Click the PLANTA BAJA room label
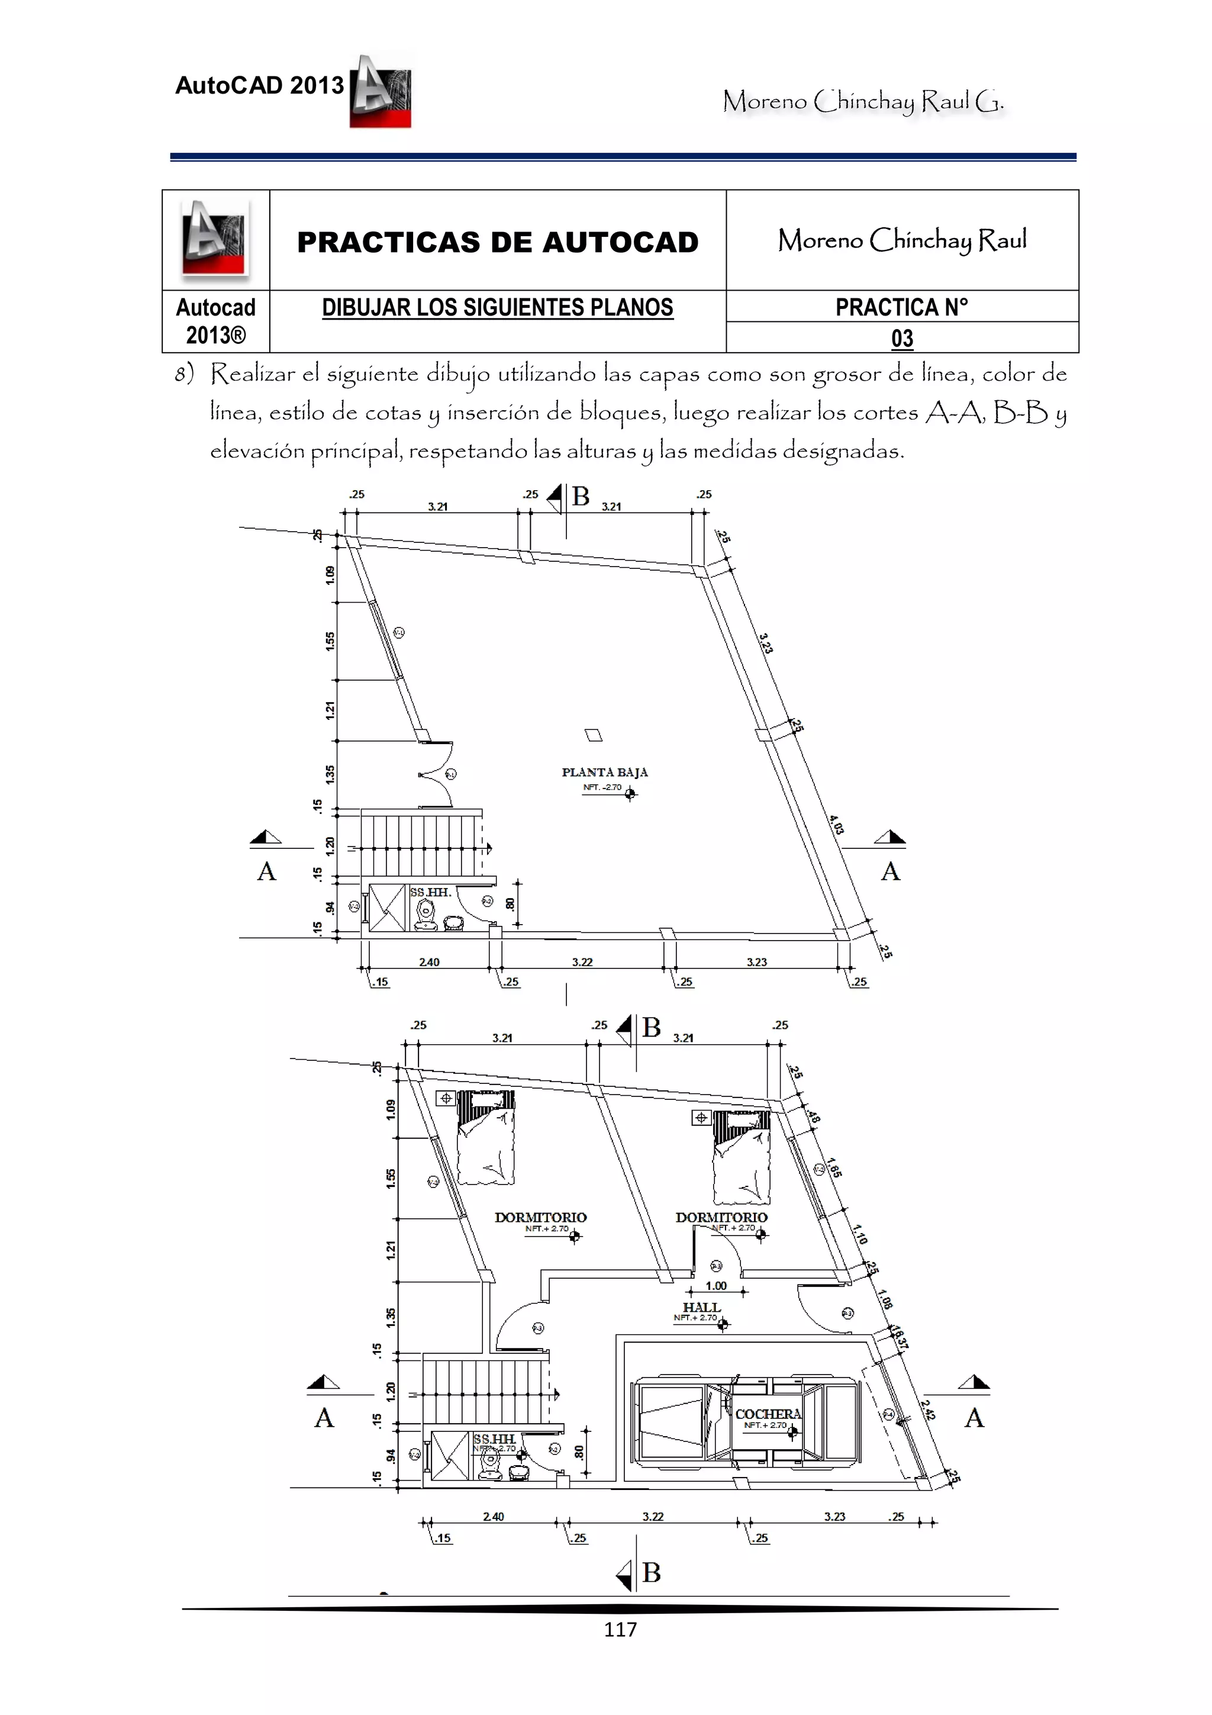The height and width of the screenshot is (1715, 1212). tap(604, 773)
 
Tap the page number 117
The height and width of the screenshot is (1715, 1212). tap(620, 1630)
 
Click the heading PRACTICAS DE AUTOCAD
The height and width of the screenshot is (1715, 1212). tap(497, 242)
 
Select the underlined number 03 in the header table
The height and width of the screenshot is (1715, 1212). tap(902, 339)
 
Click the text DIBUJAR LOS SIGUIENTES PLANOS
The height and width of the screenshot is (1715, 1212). tap(497, 307)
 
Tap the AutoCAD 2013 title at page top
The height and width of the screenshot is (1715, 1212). tap(259, 86)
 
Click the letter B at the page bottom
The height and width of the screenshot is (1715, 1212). tap(651, 1572)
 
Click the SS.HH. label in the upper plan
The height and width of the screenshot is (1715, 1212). tap(430, 892)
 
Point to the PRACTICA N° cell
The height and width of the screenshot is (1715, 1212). tap(901, 307)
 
